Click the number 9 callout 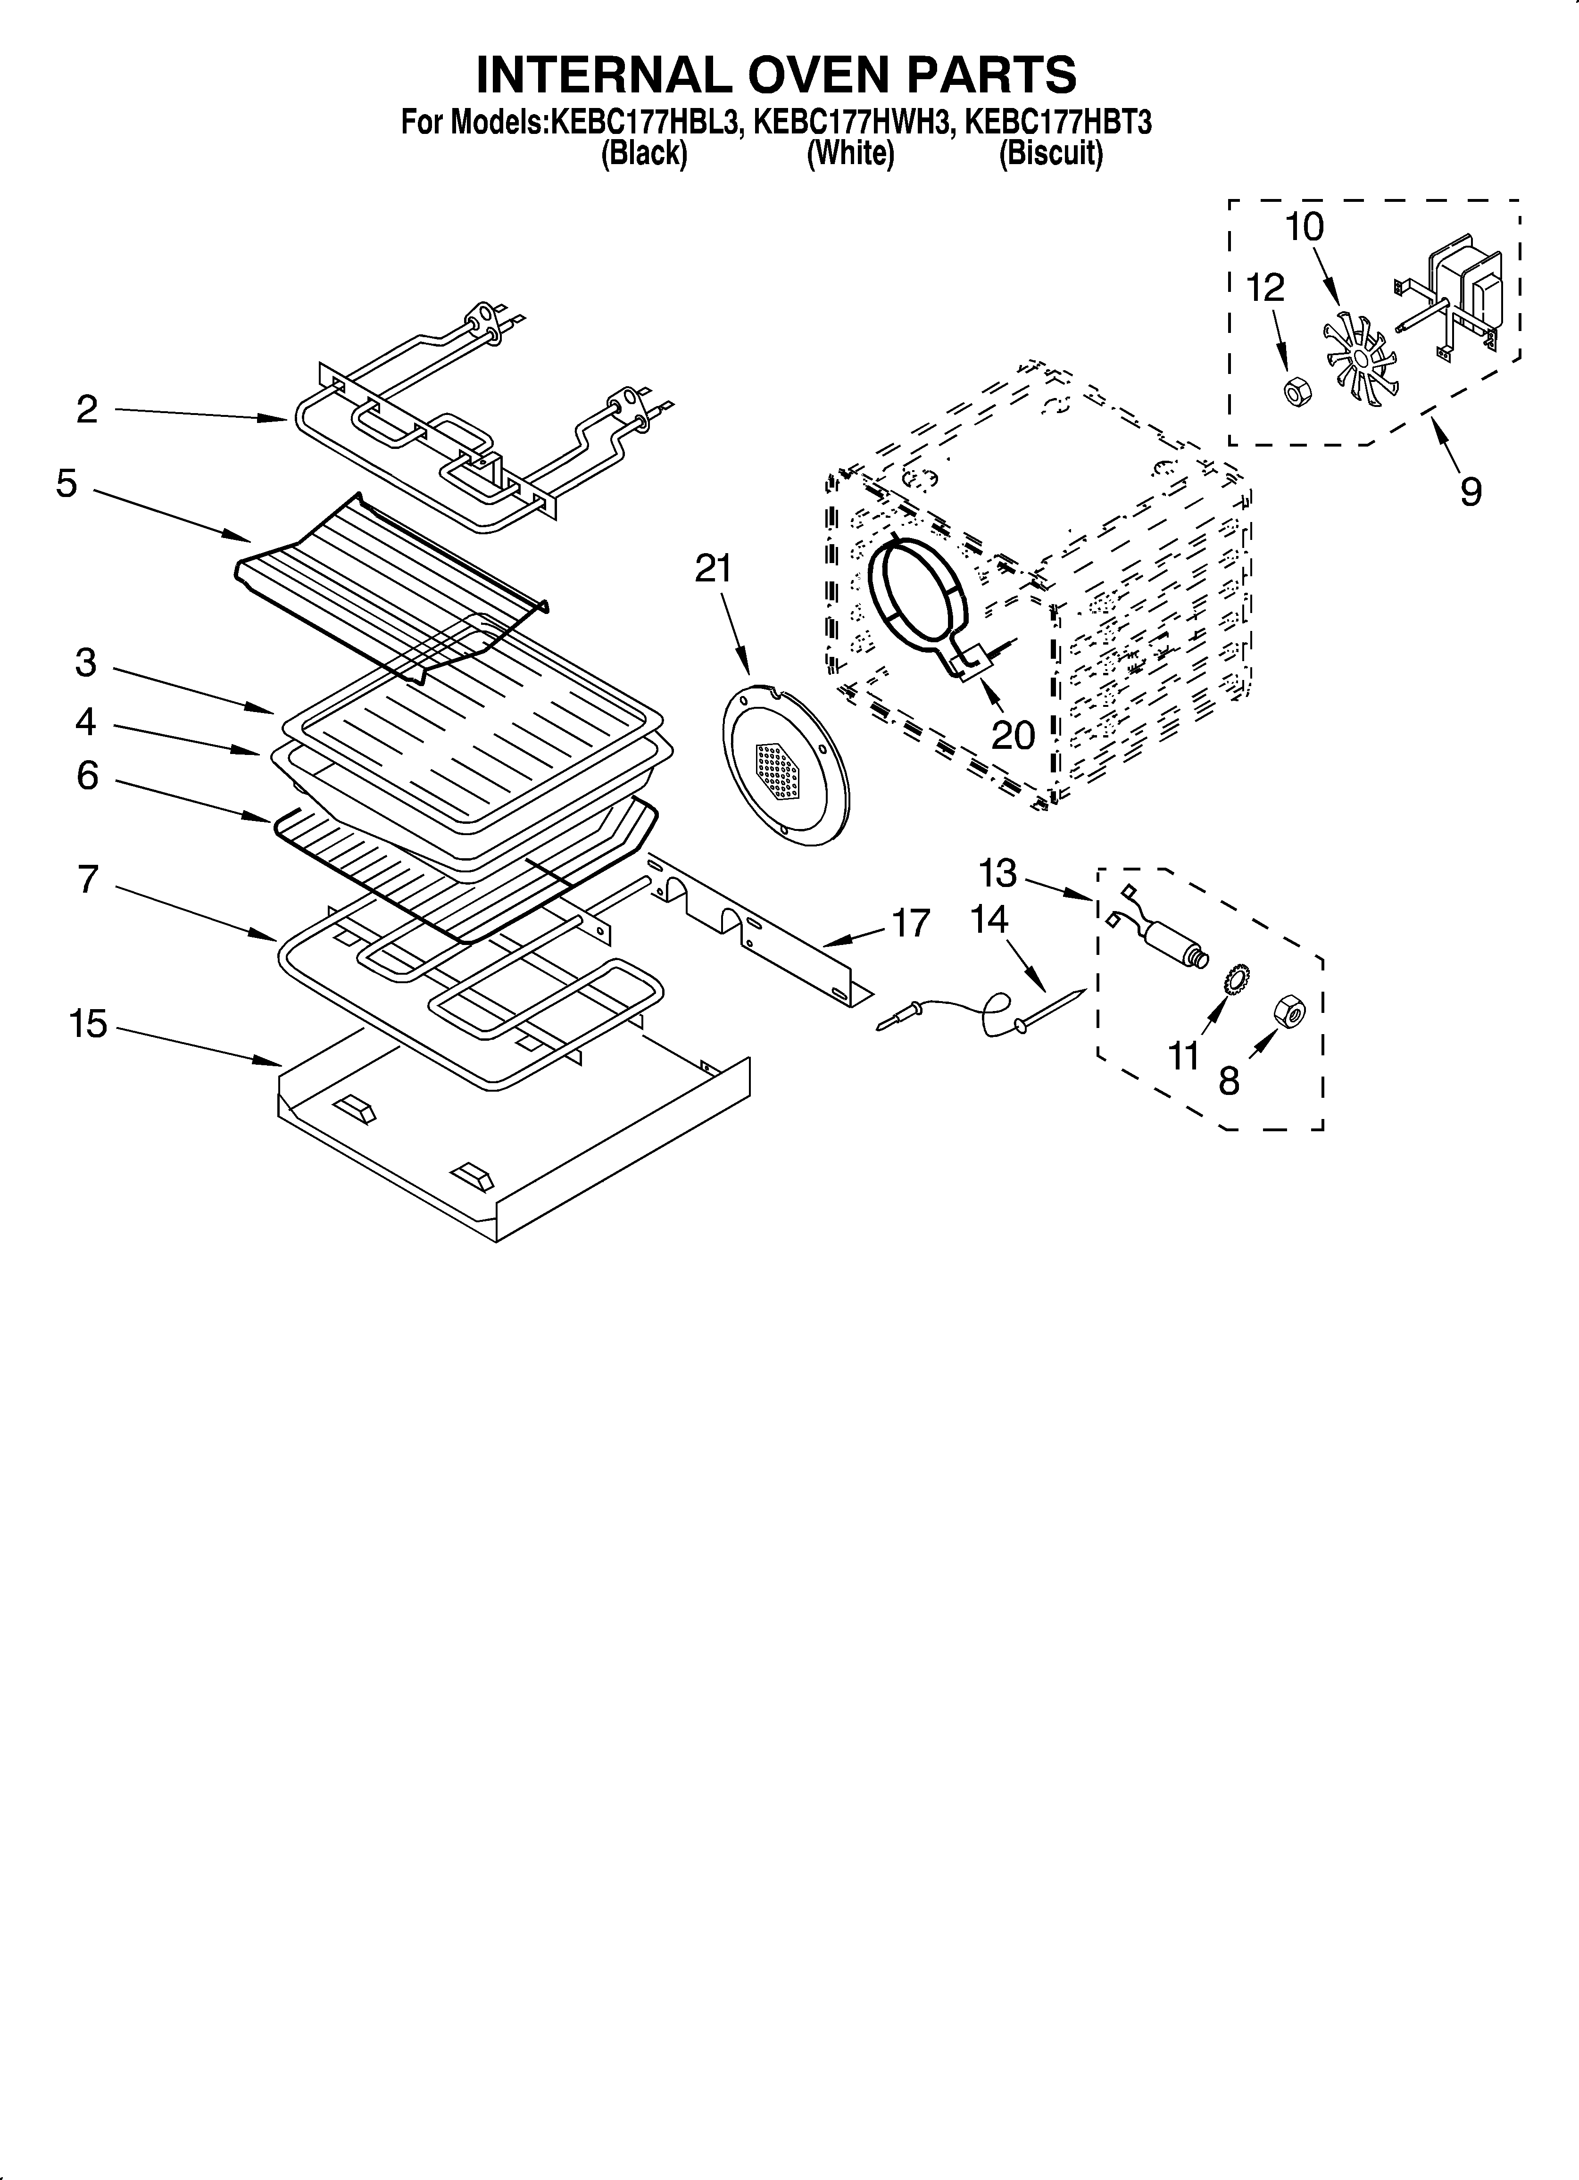pyautogui.click(x=1471, y=492)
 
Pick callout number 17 pyautogui.click(x=910, y=924)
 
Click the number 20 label pyautogui.click(x=1013, y=735)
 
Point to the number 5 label pyautogui.click(x=66, y=483)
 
